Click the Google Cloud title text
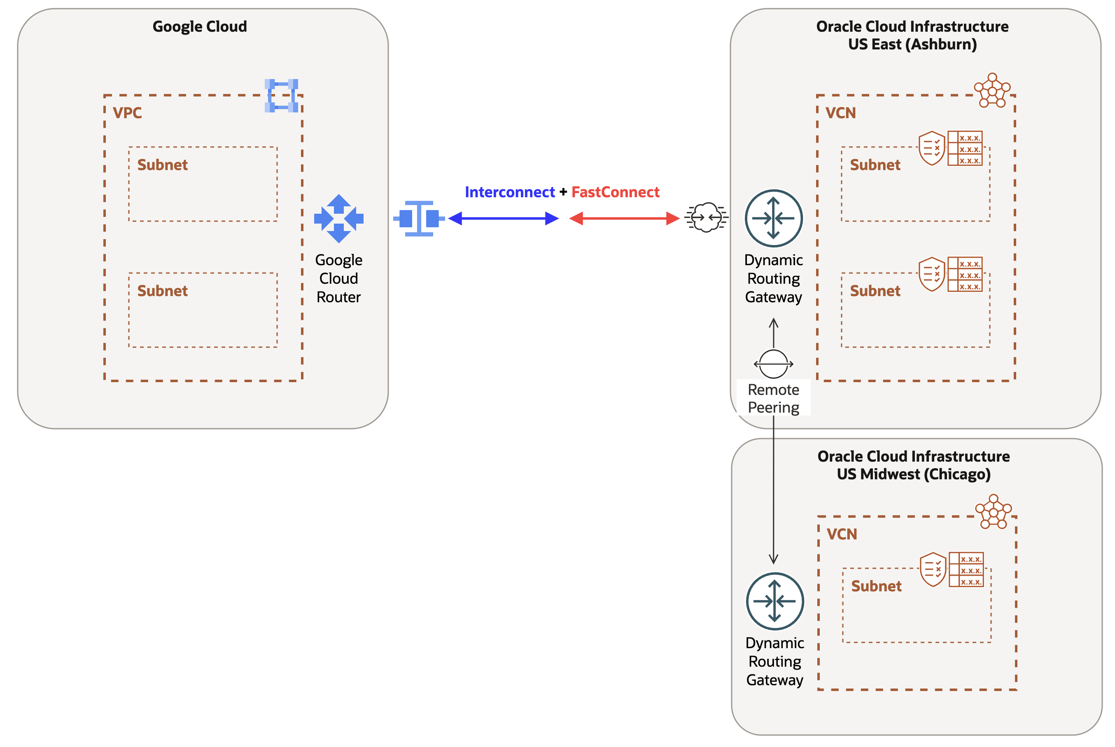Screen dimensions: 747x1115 (x=200, y=26)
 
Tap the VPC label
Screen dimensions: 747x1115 (x=127, y=113)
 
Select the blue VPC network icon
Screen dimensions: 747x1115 (x=282, y=96)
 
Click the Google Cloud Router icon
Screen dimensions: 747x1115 (x=338, y=219)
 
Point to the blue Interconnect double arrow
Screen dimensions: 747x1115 (x=504, y=219)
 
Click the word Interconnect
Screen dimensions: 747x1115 (x=510, y=192)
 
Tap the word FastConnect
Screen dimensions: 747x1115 (x=616, y=192)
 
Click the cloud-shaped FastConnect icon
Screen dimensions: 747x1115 (x=706, y=217)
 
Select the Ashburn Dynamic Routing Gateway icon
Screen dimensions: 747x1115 (x=774, y=218)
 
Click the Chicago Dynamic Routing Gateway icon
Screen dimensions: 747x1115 (x=775, y=601)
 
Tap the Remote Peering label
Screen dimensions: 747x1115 (x=774, y=398)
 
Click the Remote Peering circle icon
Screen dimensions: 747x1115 (x=774, y=364)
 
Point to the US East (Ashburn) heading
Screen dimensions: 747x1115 (x=912, y=44)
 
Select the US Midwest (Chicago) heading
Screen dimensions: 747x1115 (x=914, y=474)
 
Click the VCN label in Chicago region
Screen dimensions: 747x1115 (x=842, y=534)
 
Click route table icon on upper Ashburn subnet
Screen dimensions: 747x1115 (x=965, y=148)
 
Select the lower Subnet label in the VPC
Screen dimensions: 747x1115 (x=162, y=291)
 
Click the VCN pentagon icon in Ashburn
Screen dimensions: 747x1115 (x=992, y=91)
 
